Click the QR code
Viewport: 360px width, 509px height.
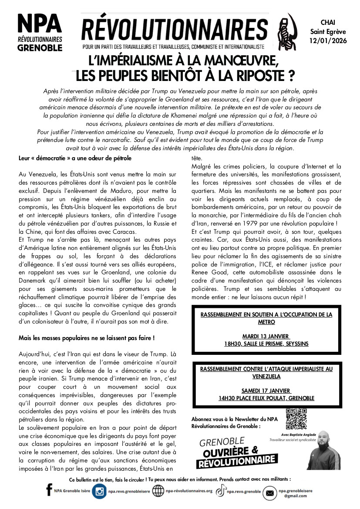coord(296,419)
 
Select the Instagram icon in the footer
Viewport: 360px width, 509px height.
coord(100,491)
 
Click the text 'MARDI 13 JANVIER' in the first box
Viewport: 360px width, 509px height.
coord(266,336)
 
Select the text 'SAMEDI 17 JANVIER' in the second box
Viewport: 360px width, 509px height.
coord(266,390)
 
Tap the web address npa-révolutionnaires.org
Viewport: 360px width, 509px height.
coord(189,491)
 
